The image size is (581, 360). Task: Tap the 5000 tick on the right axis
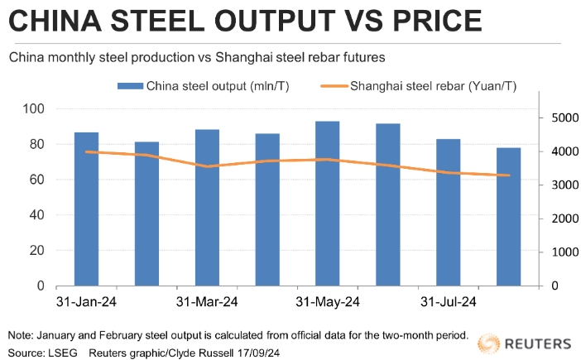tap(559, 118)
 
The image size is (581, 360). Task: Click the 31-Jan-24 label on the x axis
tap(86, 301)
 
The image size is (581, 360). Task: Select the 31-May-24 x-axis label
tap(327, 301)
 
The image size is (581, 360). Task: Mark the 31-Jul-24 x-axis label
tap(448, 301)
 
